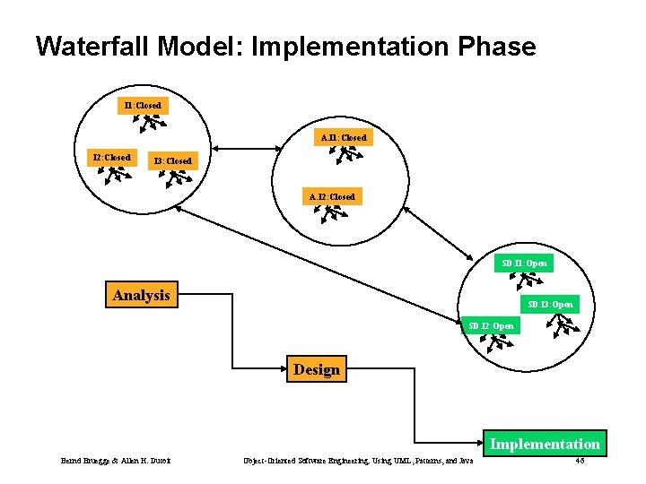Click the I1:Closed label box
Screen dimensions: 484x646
click(x=143, y=106)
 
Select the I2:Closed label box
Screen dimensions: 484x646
click(x=112, y=158)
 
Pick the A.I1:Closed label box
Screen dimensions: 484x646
click(x=344, y=138)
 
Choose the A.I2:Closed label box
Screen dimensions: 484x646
click(x=332, y=196)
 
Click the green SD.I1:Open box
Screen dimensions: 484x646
click(x=524, y=264)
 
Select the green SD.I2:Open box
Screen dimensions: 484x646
click(x=491, y=325)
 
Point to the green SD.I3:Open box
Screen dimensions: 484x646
click(x=550, y=305)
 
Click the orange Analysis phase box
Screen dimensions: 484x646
click(x=141, y=295)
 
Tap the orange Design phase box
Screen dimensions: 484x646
click(x=316, y=369)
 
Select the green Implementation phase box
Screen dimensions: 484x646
click(x=545, y=444)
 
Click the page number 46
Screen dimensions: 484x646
click(x=579, y=461)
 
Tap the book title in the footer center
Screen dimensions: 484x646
click(x=358, y=461)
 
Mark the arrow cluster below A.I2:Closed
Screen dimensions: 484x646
click(x=335, y=214)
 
